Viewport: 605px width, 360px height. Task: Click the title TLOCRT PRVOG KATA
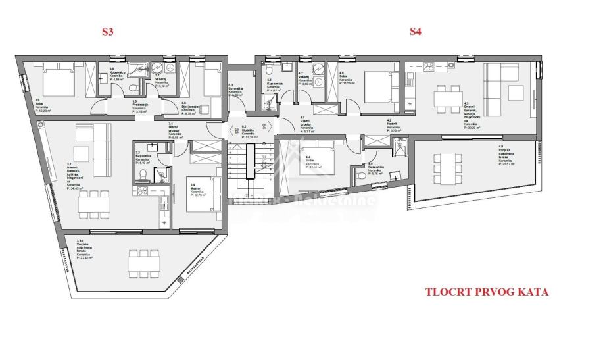point(486,292)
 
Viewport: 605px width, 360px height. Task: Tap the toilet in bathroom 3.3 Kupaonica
point(143,174)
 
